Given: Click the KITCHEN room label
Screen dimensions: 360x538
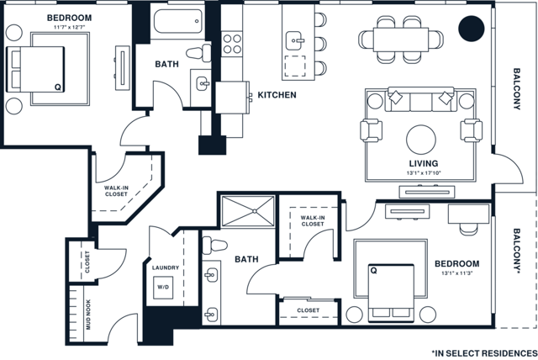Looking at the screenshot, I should [x=277, y=95].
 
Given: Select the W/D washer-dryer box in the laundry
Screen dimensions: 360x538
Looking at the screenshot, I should [x=162, y=286].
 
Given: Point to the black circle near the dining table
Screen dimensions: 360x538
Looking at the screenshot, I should [x=472, y=30].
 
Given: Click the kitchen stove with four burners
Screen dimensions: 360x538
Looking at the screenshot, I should [x=230, y=43].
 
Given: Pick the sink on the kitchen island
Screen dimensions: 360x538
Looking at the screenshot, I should [x=295, y=39].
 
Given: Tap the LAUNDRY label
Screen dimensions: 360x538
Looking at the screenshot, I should [x=165, y=268].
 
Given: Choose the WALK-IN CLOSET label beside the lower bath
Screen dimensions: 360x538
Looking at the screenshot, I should [x=312, y=220].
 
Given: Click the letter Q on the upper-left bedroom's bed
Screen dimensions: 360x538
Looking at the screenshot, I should [x=57, y=86].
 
